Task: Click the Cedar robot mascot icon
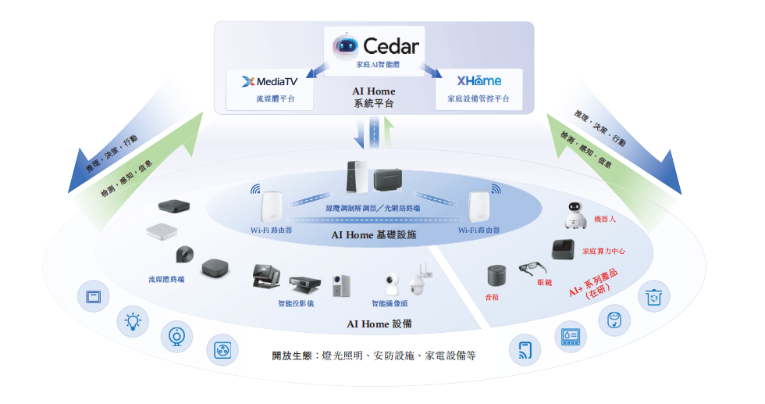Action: [345, 46]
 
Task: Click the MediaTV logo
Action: [269, 81]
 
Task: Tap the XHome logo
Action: [479, 80]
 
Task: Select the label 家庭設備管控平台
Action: [478, 98]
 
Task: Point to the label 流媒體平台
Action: [276, 98]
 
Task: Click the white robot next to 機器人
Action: [575, 216]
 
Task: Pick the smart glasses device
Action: [532, 269]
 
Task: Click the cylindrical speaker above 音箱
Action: [496, 276]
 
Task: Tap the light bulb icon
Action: [133, 321]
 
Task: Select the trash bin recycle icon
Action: [654, 296]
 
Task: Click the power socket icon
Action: [222, 350]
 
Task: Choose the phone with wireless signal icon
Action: [525, 350]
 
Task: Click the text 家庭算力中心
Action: [603, 251]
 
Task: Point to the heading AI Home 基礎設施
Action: [374, 235]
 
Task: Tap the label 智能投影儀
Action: [296, 303]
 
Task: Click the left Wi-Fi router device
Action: [272, 207]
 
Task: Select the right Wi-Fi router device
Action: [479, 207]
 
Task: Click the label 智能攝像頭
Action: [390, 303]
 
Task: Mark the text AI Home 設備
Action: [379, 324]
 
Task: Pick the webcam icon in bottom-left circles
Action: [176, 337]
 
